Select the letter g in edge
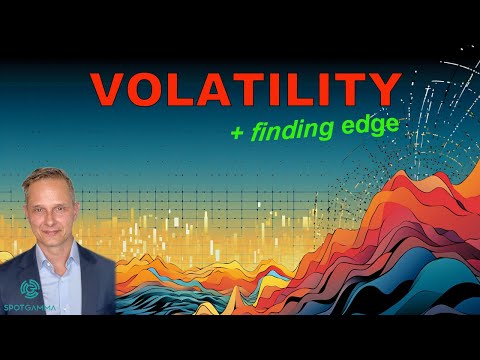point(381,129)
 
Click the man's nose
point(68,217)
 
